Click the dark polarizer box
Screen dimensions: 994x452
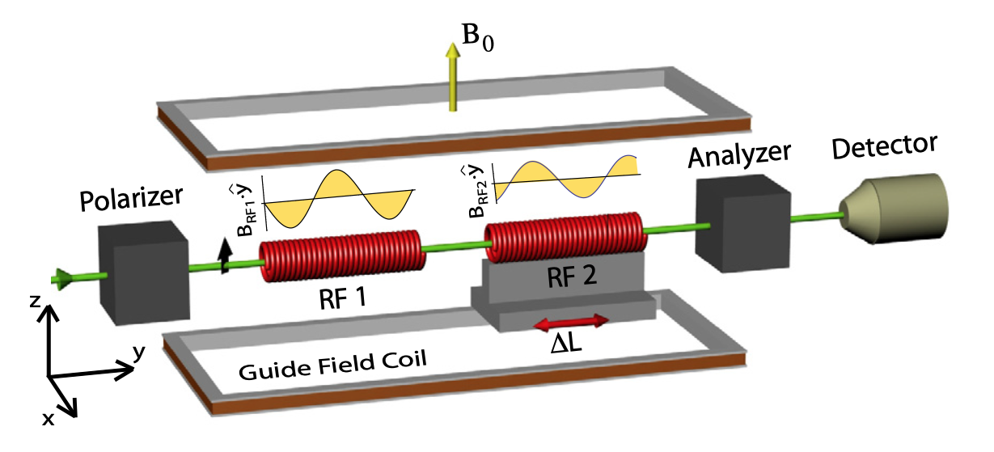click(x=143, y=272)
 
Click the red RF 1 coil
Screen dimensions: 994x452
click(x=342, y=256)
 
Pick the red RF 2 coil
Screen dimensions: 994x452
click(x=566, y=237)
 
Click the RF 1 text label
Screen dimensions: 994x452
click(x=343, y=298)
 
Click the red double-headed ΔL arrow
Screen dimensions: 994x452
click(x=571, y=323)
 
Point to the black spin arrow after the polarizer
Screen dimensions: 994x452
click(x=225, y=256)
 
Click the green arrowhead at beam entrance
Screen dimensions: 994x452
click(x=61, y=279)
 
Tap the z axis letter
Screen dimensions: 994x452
click(x=35, y=302)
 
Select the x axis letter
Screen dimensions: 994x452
click(x=48, y=419)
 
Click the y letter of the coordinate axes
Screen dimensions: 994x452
click(x=139, y=353)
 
